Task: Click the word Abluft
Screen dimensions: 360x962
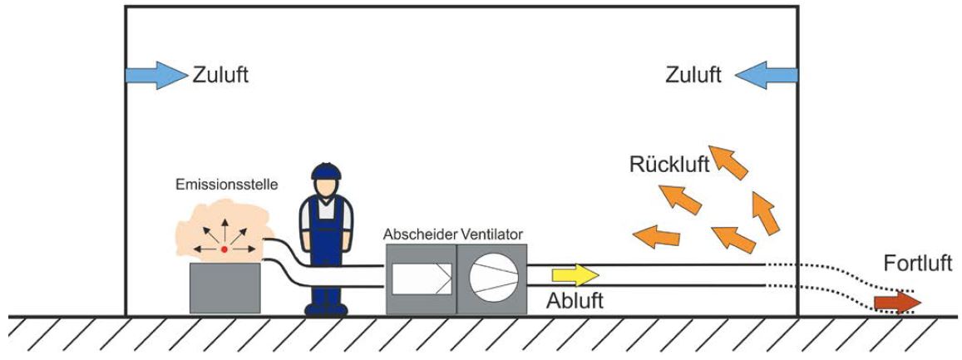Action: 575,300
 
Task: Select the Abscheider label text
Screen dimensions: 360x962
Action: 420,234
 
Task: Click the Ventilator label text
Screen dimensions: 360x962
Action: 491,234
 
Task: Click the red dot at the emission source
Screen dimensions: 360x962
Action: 224,248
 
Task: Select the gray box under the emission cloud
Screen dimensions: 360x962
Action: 224,288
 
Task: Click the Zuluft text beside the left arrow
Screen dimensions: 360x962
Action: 221,76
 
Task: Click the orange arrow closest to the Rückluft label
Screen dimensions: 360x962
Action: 730,161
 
